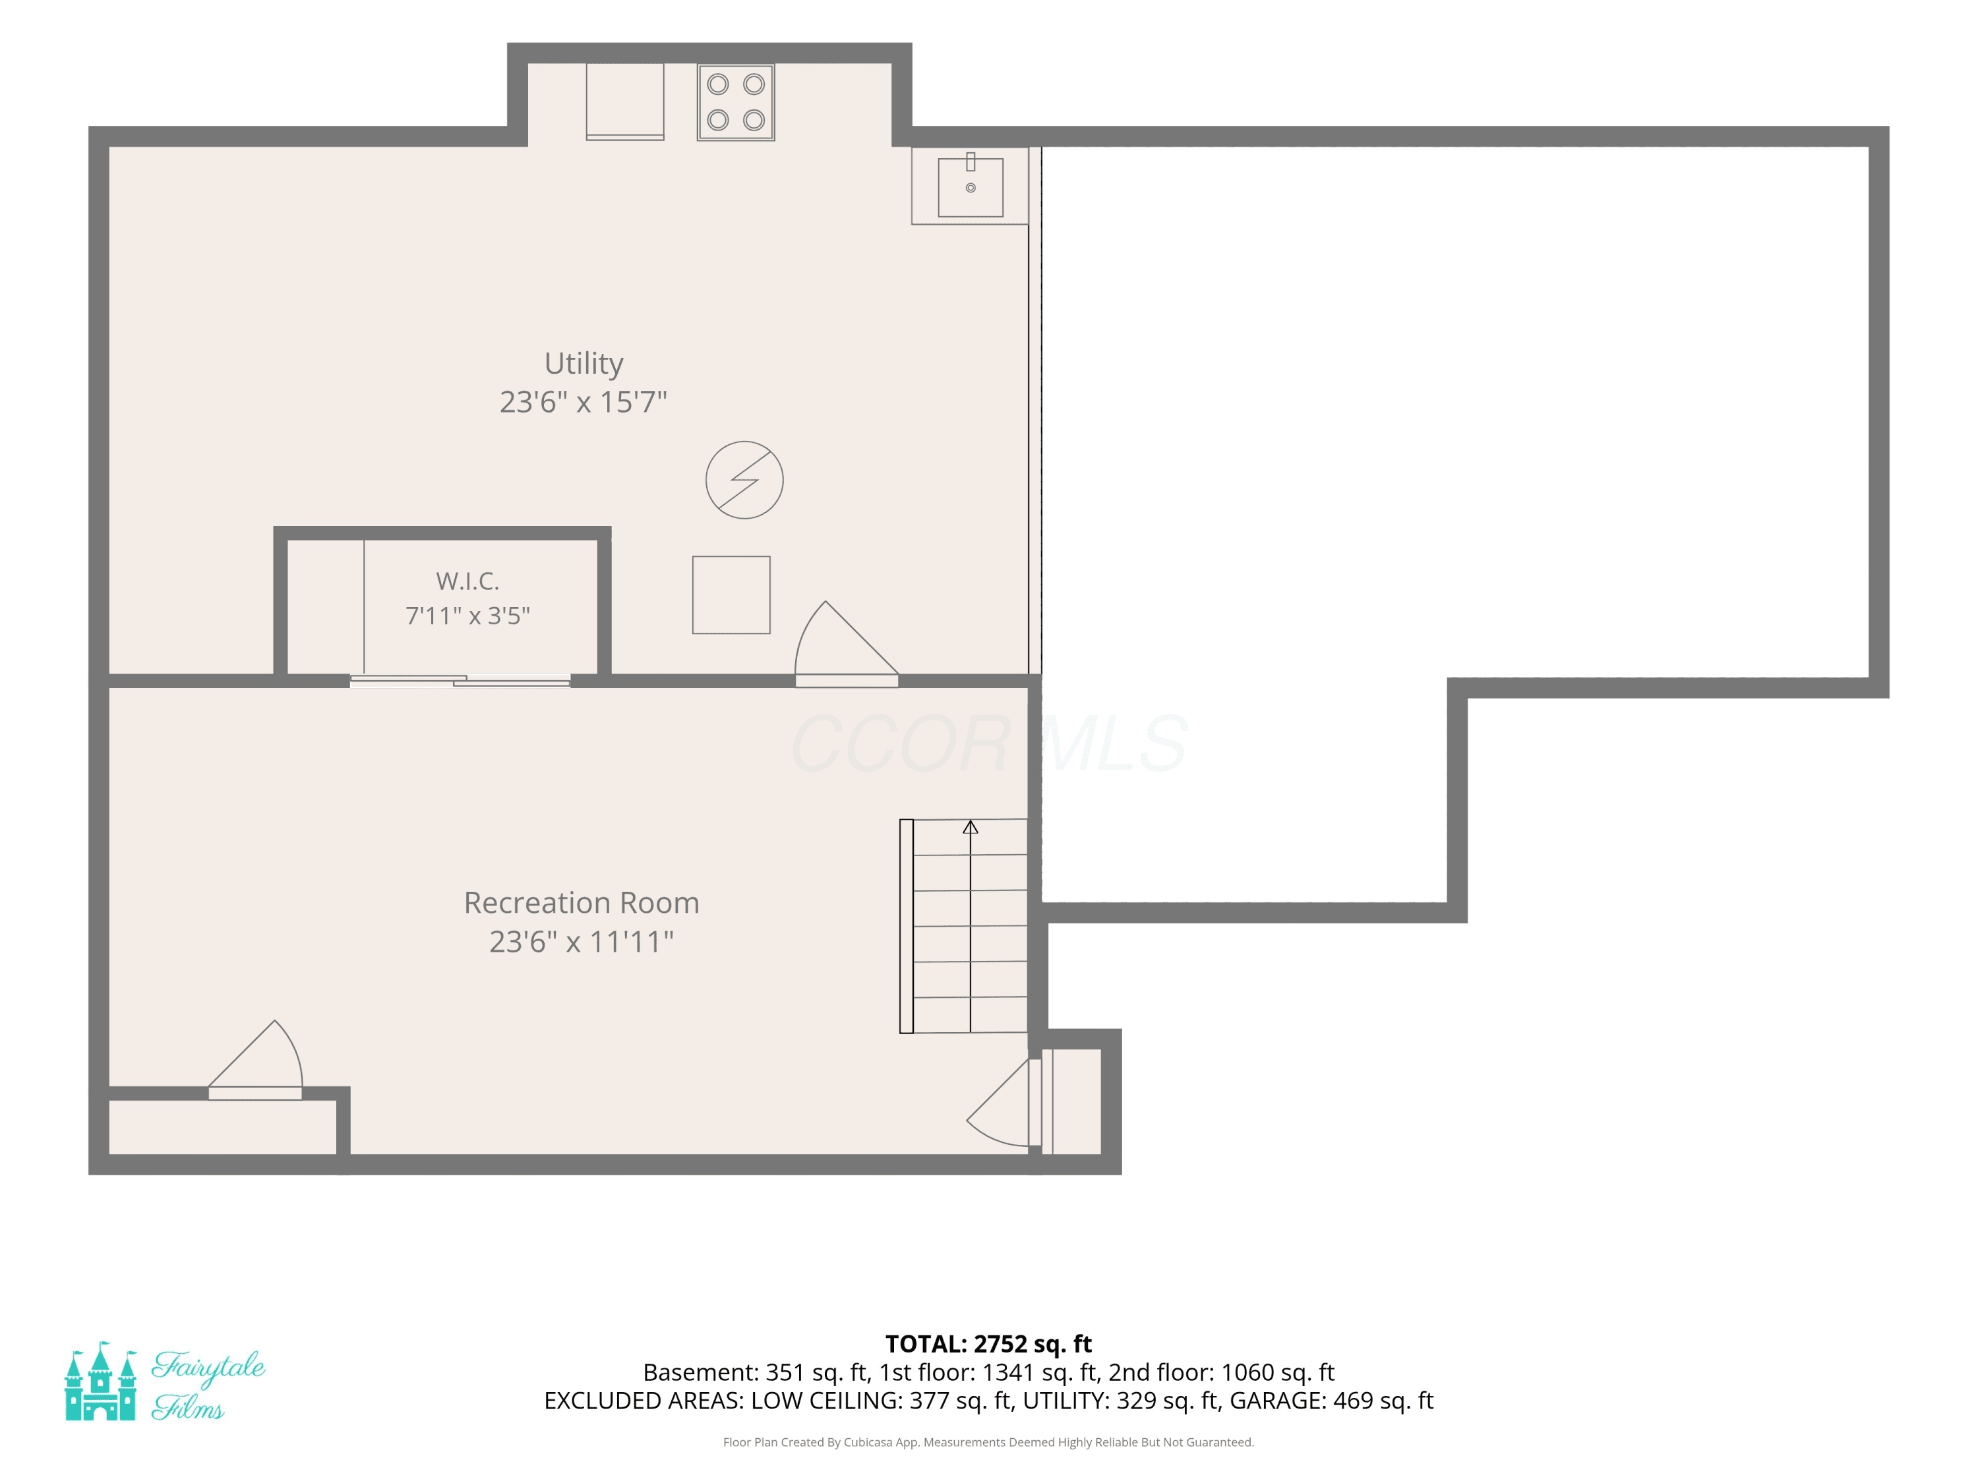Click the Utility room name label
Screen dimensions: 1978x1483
pyautogui.click(x=584, y=363)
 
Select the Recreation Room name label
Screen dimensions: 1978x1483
pyautogui.click(x=582, y=903)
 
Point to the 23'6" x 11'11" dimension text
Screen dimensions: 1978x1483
pyautogui.click(x=582, y=941)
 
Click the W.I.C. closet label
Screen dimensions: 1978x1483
pyautogui.click(x=467, y=581)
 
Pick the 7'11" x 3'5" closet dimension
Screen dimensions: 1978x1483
pyautogui.click(x=467, y=616)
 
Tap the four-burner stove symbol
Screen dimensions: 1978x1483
pyautogui.click(x=736, y=102)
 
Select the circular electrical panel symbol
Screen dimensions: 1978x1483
pyautogui.click(x=745, y=480)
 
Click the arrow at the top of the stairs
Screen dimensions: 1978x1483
pyautogui.click(x=971, y=828)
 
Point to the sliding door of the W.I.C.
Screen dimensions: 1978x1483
pyautogui.click(x=460, y=681)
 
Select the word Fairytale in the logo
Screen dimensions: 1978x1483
pyautogui.click(x=208, y=1368)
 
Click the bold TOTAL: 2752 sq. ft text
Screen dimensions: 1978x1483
pyautogui.click(x=988, y=1345)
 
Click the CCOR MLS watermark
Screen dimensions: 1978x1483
pyautogui.click(x=988, y=743)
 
